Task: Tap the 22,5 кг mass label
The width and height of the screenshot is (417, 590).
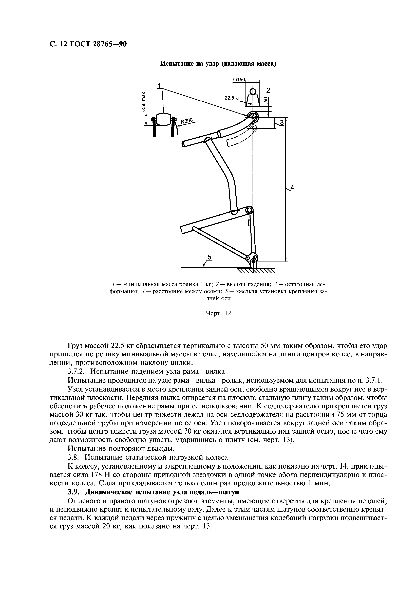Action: [232, 98]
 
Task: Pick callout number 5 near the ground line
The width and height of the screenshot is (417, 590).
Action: [209, 257]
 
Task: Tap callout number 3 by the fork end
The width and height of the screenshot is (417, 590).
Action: [282, 123]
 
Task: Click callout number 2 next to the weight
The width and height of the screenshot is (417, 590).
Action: [268, 90]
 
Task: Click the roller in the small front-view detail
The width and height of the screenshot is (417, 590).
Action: [163, 119]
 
